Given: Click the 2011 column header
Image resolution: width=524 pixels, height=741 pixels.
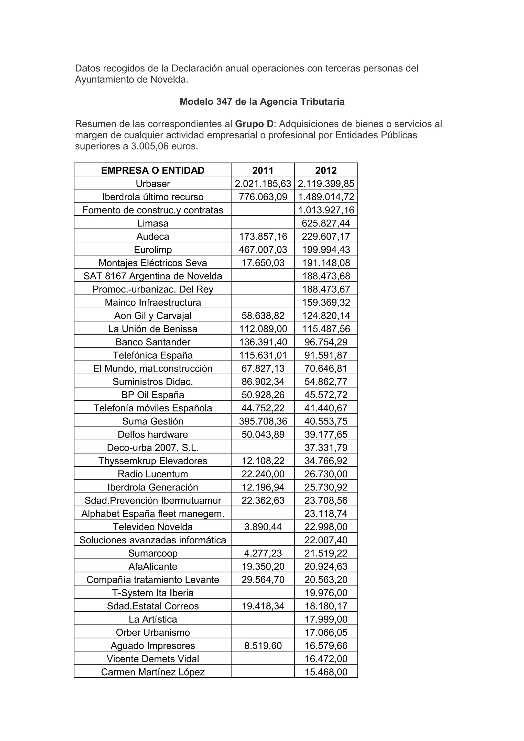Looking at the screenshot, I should pos(263,170).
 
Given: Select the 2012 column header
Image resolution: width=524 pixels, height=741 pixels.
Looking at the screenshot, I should pos(326,170).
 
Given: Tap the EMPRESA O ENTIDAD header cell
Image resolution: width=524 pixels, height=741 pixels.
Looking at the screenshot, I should pos(153,170).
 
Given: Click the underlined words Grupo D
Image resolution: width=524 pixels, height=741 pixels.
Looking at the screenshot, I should pos(254,124).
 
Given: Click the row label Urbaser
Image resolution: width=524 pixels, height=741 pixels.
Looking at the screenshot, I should pos(153,183).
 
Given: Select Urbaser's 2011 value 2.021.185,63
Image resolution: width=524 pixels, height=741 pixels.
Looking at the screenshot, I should pos(263,183).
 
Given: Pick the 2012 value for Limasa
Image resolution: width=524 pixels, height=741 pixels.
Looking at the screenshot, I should pos(326,223).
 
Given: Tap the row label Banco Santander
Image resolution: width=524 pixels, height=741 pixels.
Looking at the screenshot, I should pos(153,342).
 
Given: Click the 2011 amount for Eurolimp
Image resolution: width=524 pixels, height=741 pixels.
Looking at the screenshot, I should pos(263,250).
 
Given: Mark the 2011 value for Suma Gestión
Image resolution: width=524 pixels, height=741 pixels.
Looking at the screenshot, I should pos(263,421).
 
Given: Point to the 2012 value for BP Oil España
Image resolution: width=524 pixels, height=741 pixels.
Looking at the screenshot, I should pos(326,395).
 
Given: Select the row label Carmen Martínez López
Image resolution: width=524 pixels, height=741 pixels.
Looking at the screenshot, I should pos(153,672).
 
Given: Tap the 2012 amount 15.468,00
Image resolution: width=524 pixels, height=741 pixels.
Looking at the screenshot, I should pos(326,672).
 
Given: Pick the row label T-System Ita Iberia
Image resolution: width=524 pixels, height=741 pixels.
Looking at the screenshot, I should pos(153,593).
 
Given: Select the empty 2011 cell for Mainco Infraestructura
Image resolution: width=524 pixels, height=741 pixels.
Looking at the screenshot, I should pos(263,302).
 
